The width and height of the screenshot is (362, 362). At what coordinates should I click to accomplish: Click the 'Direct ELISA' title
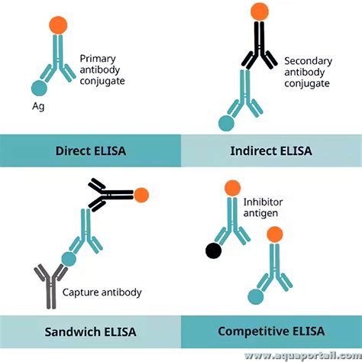pos(90,150)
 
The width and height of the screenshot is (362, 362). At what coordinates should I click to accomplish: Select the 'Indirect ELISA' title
pos(271,150)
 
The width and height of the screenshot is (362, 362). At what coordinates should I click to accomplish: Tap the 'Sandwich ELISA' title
pos(90,331)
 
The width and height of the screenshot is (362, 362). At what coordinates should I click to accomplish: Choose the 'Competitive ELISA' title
pos(271,331)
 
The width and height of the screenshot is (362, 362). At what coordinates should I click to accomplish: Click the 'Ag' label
pos(37,107)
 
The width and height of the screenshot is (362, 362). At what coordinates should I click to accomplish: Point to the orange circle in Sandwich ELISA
pos(141,196)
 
